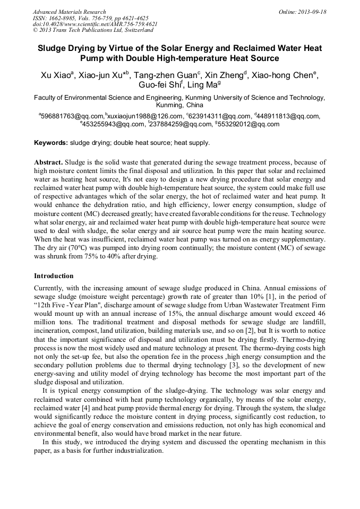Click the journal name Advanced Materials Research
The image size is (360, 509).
coord(69,12)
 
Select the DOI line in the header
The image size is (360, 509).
coord(95,24)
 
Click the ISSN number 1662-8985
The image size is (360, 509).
coord(64,18)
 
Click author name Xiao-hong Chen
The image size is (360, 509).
coord(285,75)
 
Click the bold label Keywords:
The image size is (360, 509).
coord(51,143)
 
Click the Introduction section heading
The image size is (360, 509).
coord(54,276)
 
